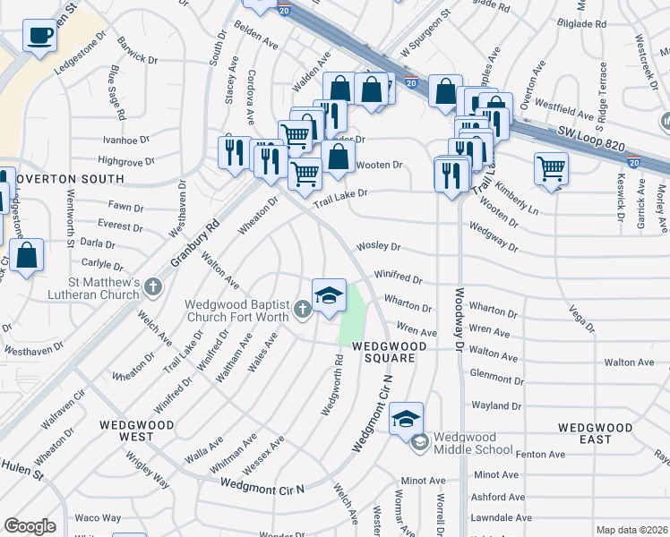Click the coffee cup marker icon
pyautogui.click(x=39, y=37)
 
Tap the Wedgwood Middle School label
pyautogui.click(x=473, y=443)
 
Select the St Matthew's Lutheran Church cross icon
pyautogui.click(x=153, y=287)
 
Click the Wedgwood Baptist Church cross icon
pyautogui.click(x=303, y=311)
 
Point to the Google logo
pyautogui.click(x=30, y=526)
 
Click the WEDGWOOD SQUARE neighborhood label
pyautogui.click(x=383, y=352)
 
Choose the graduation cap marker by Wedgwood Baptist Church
pyautogui.click(x=329, y=294)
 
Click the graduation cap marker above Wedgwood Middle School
pyautogui.click(x=406, y=418)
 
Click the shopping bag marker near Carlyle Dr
pyautogui.click(x=28, y=255)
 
